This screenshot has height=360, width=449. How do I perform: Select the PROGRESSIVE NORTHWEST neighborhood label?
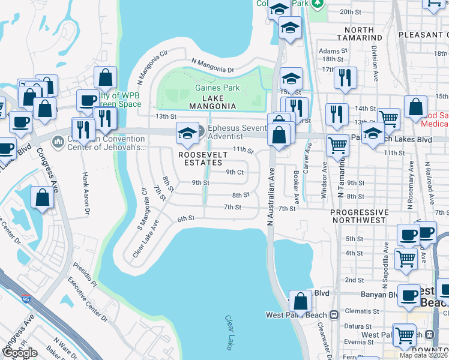pyautogui.click(x=359, y=217)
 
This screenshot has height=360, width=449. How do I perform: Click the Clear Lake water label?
pyautogui.click(x=229, y=332)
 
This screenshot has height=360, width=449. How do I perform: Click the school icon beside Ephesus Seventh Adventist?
pyautogui.click(x=187, y=133)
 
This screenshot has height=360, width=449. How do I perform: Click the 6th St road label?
pyautogui.click(x=186, y=219)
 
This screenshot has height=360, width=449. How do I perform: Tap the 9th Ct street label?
pyautogui.click(x=234, y=172)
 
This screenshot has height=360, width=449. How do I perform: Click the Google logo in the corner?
pyautogui.click(x=20, y=353)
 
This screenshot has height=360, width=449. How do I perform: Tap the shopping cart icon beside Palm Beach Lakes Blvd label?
pyautogui.click(x=337, y=144)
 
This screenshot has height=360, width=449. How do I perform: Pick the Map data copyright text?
pyautogui.click(x=423, y=355)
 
